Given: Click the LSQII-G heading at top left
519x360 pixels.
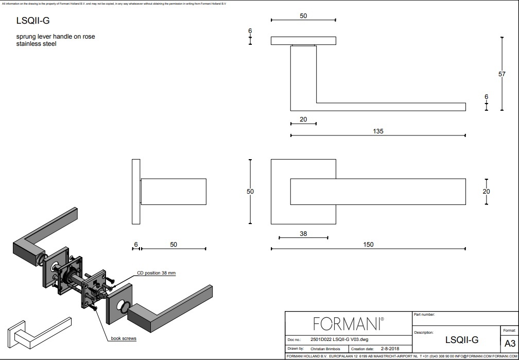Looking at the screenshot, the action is coord(33,21).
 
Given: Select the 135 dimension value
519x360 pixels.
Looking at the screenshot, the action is coord(378,131).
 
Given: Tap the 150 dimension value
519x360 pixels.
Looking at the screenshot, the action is coord(368,245).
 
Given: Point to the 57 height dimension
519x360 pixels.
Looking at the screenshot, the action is coord(502,74).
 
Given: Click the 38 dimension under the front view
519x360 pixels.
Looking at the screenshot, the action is coord(303,233).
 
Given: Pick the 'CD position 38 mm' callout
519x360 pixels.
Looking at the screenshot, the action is coord(157,273).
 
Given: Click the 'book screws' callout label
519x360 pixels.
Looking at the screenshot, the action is coord(124,338).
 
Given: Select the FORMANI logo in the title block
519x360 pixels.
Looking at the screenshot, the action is coord(349,323).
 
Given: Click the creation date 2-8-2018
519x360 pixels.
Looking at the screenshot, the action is coord(390,349).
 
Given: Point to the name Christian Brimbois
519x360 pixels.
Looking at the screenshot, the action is coord(326,349).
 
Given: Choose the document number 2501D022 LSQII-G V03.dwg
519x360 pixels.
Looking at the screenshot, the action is coord(340,340).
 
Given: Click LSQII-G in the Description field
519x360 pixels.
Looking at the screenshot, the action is coord(461,340).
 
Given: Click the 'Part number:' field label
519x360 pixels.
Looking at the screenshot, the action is coord(424,314).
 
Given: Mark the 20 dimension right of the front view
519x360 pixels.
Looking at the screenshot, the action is coord(487,191).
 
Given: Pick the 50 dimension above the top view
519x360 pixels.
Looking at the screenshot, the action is coord(303,16).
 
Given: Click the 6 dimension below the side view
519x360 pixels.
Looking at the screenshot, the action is coord(135,244).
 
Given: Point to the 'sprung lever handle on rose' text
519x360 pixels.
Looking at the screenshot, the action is coord(56,37).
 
